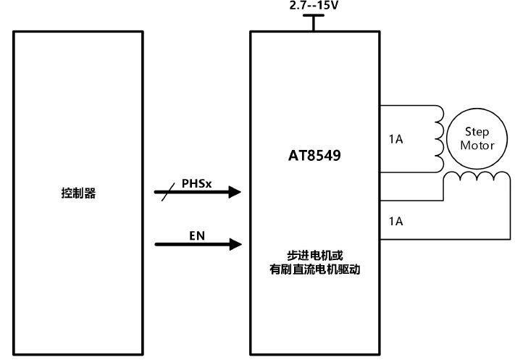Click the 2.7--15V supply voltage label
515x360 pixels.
[x=313, y=5]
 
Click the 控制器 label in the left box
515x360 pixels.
[x=79, y=194]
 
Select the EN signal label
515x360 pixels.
[x=196, y=235]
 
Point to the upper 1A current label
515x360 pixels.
[x=395, y=138]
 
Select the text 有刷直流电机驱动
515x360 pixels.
[x=314, y=269]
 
